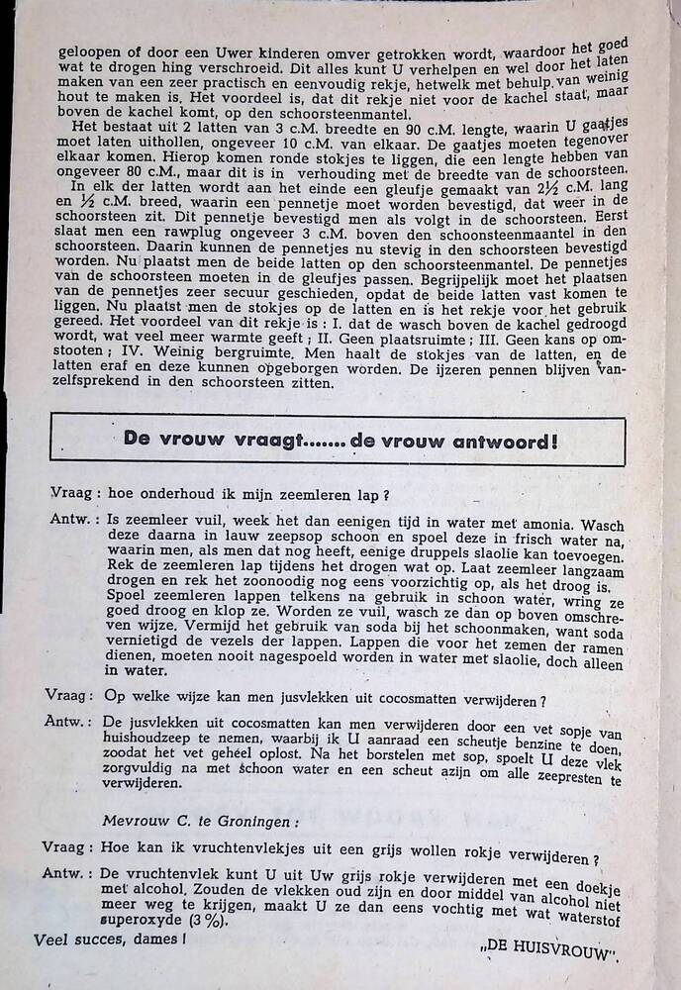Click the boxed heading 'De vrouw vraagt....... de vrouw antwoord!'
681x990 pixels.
click(x=340, y=440)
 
